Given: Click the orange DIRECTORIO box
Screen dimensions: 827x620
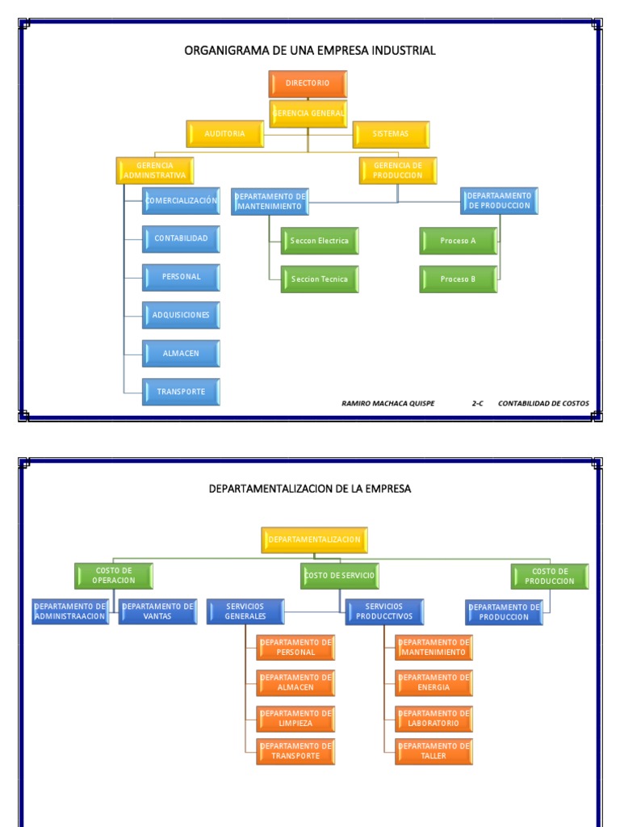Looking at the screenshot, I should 308,83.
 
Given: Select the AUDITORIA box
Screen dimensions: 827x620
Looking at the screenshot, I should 225,134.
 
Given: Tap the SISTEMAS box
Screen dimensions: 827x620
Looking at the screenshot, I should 391,134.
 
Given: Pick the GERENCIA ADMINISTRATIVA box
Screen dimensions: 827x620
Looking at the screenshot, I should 155,170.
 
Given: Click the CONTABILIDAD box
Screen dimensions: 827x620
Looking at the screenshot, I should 181,238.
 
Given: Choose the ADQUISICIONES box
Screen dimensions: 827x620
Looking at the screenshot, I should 181,315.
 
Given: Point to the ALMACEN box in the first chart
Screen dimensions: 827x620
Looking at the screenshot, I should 181,353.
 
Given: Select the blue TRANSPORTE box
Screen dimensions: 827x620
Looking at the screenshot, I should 181,392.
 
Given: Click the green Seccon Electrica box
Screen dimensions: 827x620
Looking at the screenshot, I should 320,241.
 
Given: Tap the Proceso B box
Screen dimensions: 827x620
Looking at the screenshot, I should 458,279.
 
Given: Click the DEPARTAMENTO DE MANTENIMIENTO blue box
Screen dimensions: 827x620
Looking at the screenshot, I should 270,201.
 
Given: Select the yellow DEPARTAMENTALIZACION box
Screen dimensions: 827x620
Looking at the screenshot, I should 315,539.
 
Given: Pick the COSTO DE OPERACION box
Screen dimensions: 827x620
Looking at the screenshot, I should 114,576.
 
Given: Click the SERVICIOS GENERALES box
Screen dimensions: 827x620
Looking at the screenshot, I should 245,611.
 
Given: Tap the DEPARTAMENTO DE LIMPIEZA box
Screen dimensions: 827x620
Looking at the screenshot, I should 295,718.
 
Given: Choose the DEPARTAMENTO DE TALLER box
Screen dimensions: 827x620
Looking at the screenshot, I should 434,751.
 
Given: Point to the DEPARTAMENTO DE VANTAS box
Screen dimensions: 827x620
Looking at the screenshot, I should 157,611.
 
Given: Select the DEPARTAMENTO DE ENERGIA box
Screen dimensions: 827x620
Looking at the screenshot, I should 434,682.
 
